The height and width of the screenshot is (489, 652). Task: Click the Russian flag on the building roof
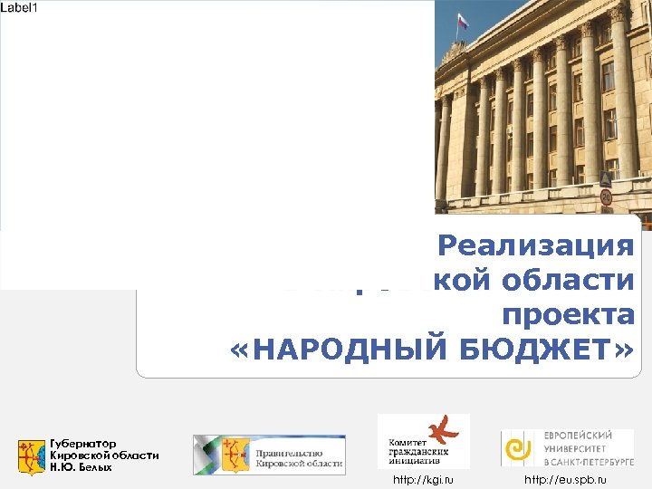pos(463,19)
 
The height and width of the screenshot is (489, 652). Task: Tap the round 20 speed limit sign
pos(606,197)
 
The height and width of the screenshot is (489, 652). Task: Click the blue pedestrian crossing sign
pos(606,178)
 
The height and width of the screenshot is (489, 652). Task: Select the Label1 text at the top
pos(19,7)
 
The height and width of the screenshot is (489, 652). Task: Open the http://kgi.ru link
pos(422,479)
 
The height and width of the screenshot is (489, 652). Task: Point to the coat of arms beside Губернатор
pos(32,455)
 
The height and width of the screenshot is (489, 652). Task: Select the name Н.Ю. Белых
pos(81,467)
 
